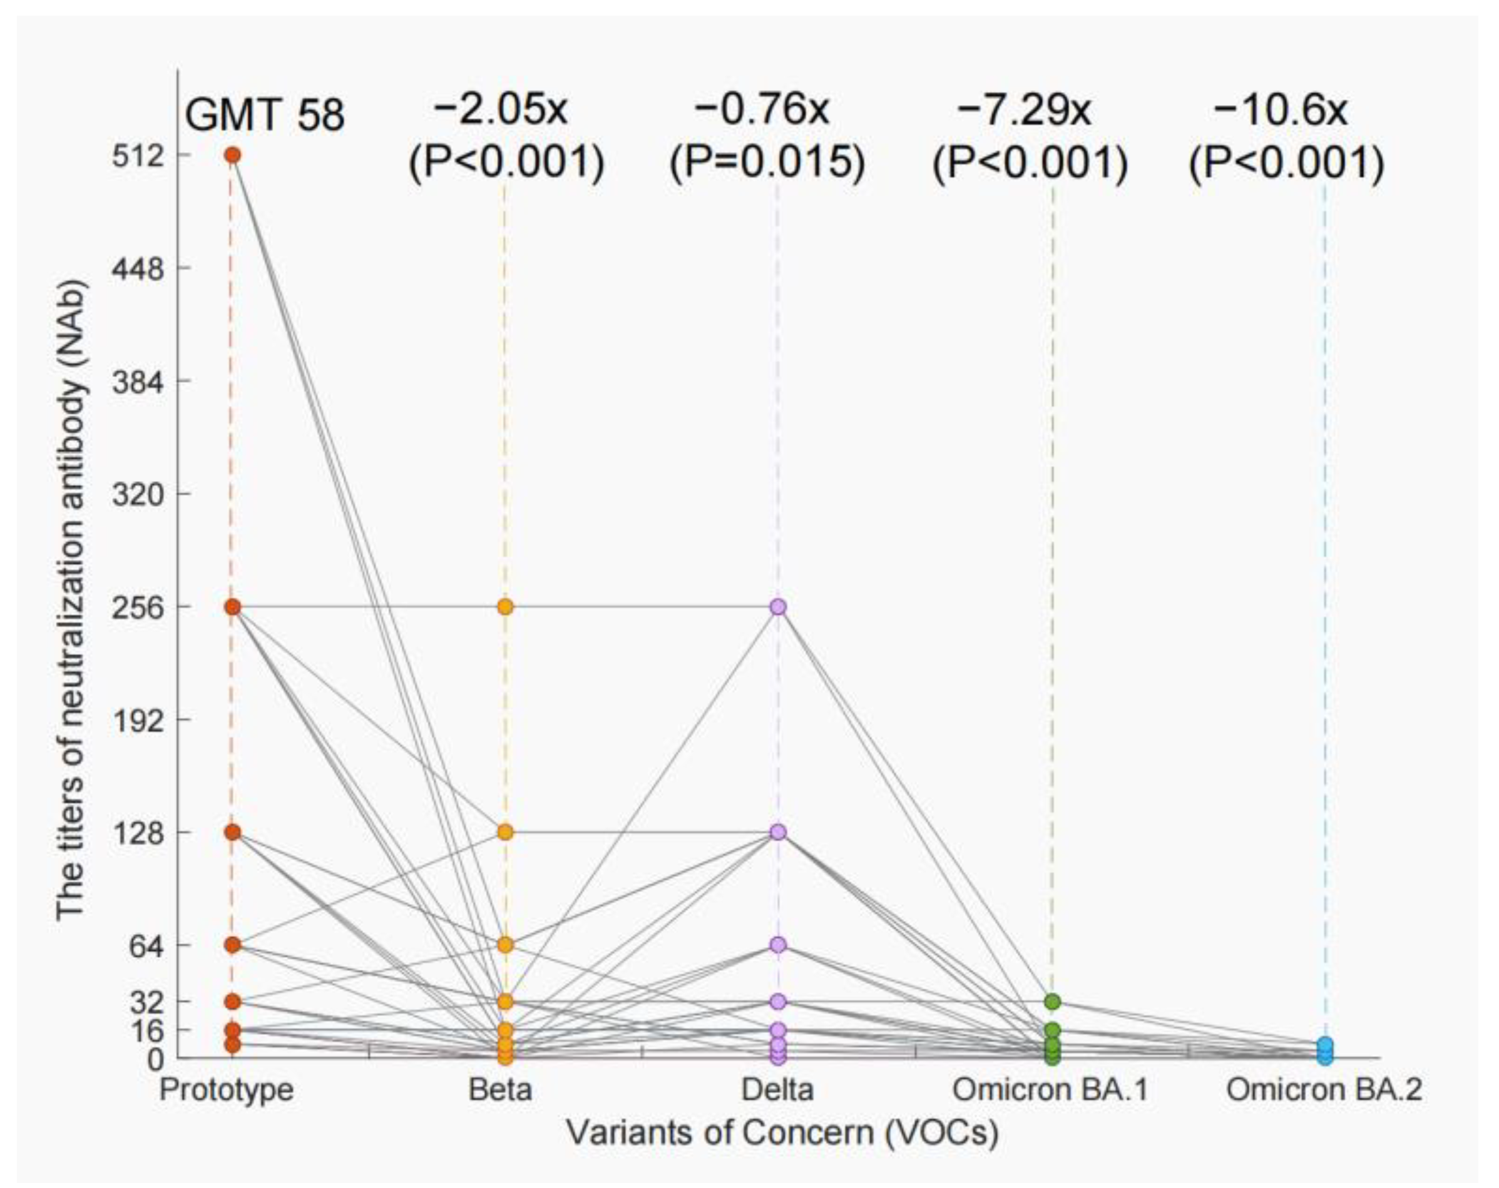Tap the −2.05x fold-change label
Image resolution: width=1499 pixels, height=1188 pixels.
[500, 110]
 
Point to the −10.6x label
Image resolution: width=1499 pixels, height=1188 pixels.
[1280, 110]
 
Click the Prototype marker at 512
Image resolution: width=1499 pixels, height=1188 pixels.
[232, 155]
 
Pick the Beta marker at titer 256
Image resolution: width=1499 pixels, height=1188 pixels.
[506, 607]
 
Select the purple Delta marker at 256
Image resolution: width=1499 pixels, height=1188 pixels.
[778, 607]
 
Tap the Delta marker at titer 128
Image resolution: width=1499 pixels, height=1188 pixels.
[778, 832]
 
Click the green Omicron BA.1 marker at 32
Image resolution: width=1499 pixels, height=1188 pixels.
[1053, 1002]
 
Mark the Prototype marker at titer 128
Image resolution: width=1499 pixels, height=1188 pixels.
[232, 832]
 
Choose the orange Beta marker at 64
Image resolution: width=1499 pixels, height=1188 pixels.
[506, 945]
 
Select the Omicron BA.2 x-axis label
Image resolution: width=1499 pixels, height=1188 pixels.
[1324, 1089]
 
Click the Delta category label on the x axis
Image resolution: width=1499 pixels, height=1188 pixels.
[777, 1089]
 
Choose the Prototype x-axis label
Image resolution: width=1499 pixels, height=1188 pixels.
[227, 1089]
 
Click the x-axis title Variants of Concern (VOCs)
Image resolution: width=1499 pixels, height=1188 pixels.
[782, 1132]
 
